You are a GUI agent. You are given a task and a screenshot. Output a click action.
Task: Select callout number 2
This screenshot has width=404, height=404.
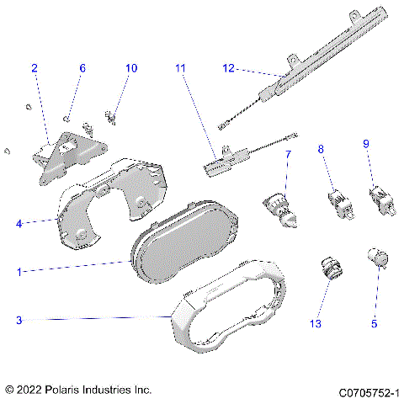(35, 68)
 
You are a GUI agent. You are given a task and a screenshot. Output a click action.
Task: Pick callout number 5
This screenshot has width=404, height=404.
(375, 322)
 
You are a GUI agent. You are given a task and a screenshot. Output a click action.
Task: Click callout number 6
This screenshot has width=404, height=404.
(82, 68)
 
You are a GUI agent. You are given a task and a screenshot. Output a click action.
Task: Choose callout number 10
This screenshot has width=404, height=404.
(130, 68)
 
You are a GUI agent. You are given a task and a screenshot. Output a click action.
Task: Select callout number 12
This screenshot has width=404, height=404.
(228, 68)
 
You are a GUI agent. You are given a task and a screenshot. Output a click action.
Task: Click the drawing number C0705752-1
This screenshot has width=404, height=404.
(369, 391)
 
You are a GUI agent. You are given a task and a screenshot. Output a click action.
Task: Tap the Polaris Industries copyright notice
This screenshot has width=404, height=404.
(78, 391)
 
